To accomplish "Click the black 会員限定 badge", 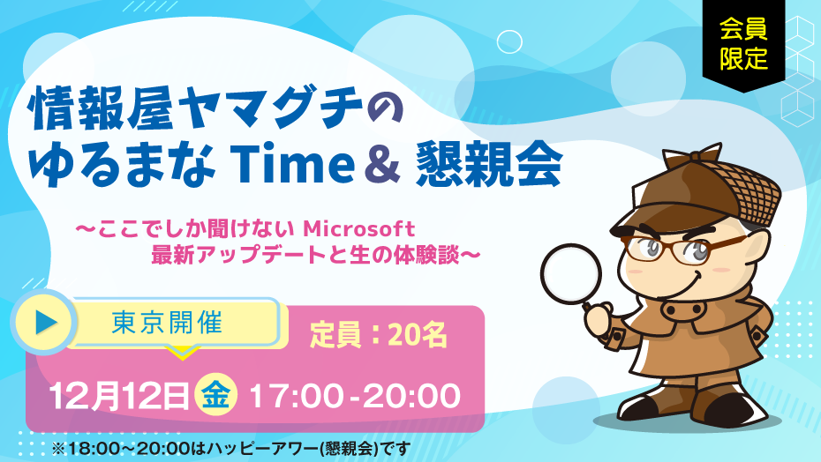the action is (x=743, y=44).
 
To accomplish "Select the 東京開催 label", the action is (x=168, y=323).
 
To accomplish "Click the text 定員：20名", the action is (x=379, y=335).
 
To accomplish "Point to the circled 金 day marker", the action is (x=215, y=395).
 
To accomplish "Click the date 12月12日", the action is (x=119, y=396).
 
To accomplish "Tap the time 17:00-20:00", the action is (x=355, y=396).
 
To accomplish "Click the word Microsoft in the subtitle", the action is (x=359, y=228).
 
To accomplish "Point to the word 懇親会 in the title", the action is (x=489, y=164).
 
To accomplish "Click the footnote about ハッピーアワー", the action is (x=231, y=448).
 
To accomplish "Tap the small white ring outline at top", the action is (x=509, y=41).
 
